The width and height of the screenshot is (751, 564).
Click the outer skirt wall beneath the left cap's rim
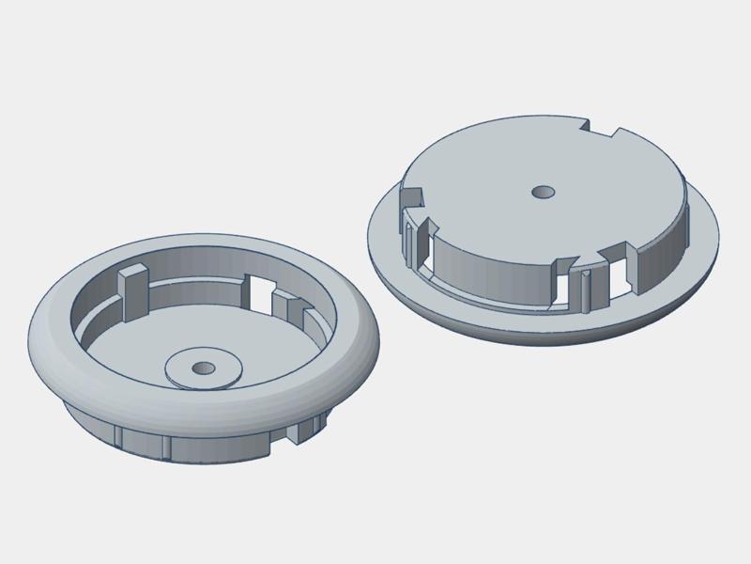click(207, 446)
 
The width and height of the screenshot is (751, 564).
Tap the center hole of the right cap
click(543, 192)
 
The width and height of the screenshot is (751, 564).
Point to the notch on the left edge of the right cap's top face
click(413, 196)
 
